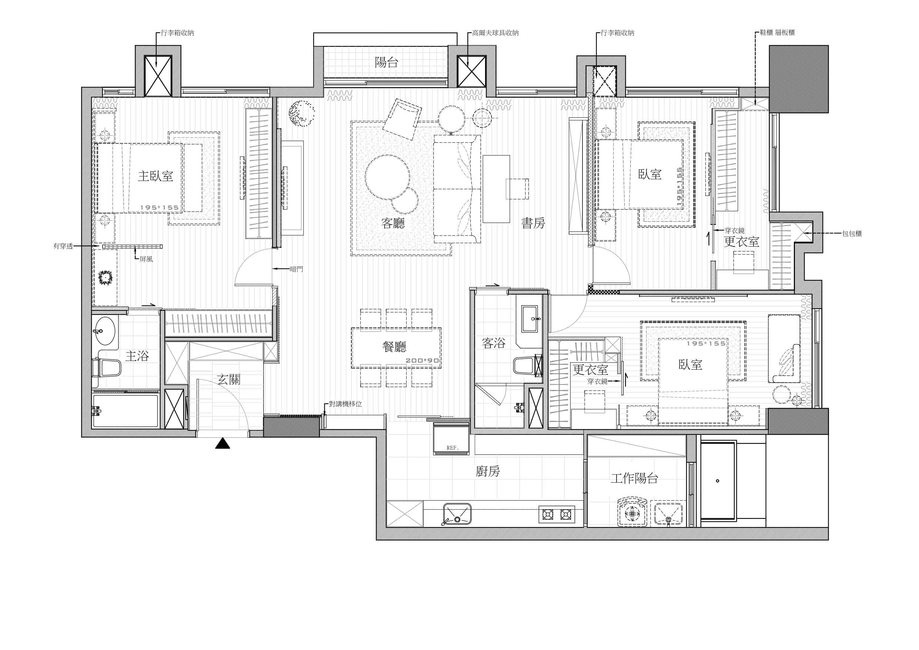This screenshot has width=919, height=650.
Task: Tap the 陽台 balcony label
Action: click(x=386, y=63)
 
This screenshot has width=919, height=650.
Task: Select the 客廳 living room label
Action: click(x=393, y=223)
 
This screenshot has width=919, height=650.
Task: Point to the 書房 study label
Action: click(x=533, y=223)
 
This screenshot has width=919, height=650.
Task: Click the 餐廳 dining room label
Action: click(x=395, y=347)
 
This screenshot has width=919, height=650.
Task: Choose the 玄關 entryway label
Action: click(x=228, y=379)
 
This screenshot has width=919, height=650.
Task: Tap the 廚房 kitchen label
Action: click(x=488, y=471)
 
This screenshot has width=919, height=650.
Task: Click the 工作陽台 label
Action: click(x=634, y=478)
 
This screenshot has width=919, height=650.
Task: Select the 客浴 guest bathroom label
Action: click(x=494, y=343)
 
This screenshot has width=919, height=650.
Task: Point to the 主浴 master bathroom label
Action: click(x=137, y=356)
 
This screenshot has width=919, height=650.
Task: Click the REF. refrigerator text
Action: click(x=452, y=448)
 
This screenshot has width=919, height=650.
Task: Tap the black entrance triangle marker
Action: click(x=223, y=443)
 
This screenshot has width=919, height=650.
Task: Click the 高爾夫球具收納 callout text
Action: click(x=495, y=33)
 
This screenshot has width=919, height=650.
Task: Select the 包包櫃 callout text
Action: click(x=852, y=233)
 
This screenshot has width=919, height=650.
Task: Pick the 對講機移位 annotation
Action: click(x=345, y=404)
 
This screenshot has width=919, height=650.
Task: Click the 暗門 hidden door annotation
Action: click(x=297, y=269)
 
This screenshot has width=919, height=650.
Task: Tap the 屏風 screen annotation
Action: click(x=146, y=259)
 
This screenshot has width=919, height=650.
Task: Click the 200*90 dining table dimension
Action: click(x=422, y=360)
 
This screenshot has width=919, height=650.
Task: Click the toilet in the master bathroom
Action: click(x=107, y=367)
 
